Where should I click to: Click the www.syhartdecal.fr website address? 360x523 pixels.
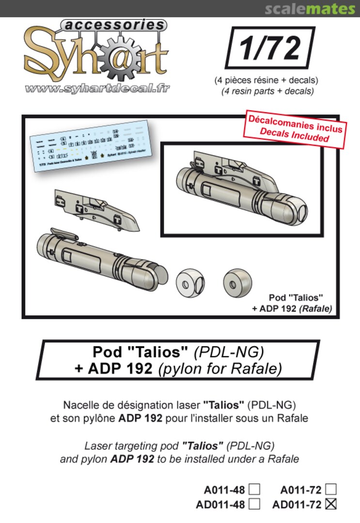pyautogui.click(x=97, y=89)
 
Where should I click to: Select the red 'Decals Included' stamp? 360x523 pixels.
pyautogui.click(x=295, y=128)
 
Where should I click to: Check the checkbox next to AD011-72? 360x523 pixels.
pyautogui.click(x=331, y=504)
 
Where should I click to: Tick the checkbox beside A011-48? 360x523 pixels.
pyautogui.click(x=254, y=489)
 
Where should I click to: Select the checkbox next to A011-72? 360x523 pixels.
pyautogui.click(x=331, y=489)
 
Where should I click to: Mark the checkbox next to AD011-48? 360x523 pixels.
pyautogui.click(x=254, y=504)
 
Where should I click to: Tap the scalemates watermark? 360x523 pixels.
pyautogui.click(x=310, y=8)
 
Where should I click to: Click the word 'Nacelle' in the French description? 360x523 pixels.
pyautogui.click(x=81, y=404)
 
